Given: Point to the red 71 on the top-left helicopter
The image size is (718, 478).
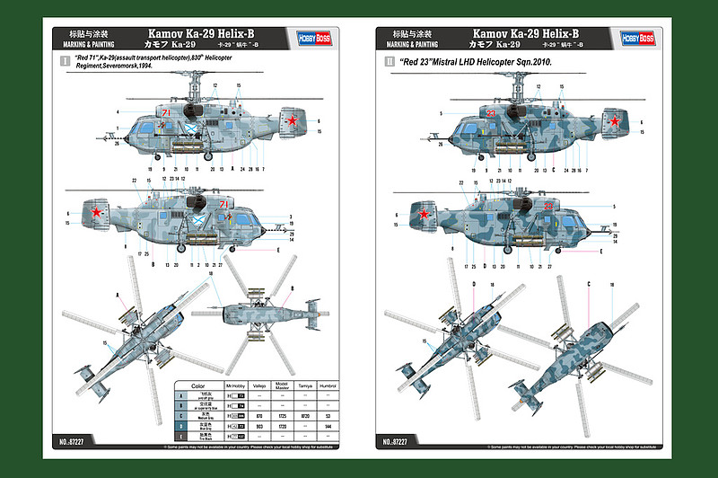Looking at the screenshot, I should click(166, 113).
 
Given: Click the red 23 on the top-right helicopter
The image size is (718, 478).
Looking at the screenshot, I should click(491, 114).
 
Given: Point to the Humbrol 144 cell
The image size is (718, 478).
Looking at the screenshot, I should click(329, 426).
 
